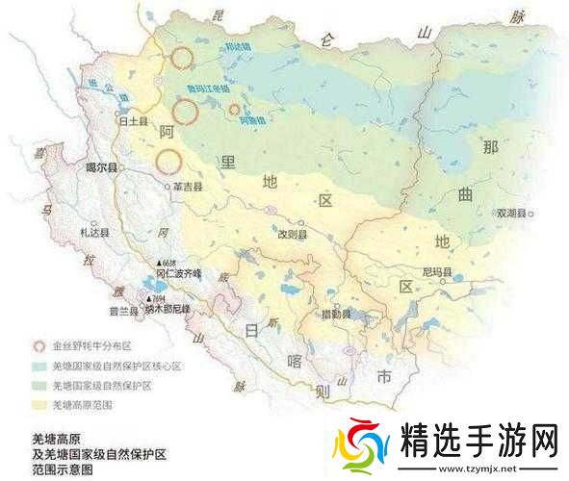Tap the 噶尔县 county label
click(x=100, y=166)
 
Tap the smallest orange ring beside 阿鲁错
click(x=233, y=110)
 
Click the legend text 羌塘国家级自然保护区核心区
click(x=116, y=366)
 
